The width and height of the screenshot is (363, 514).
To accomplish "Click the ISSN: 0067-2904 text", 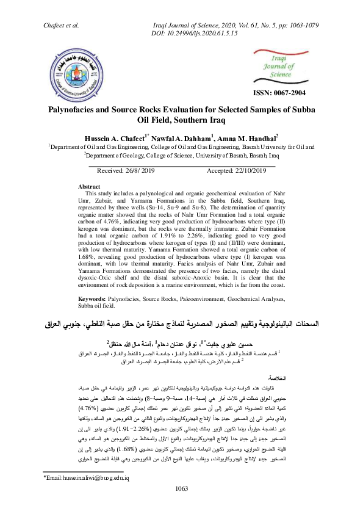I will (x=279, y=93).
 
